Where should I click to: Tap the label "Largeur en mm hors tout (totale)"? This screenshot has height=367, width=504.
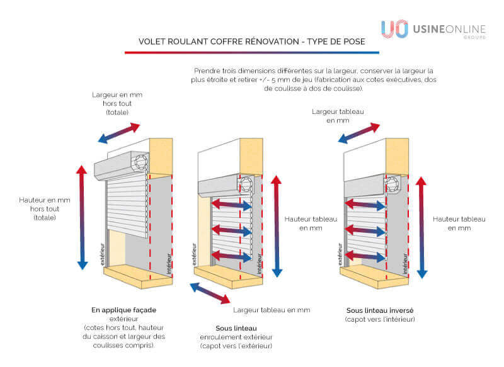[x=117, y=103]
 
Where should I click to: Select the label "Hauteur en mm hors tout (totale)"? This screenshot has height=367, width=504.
[x=45, y=208]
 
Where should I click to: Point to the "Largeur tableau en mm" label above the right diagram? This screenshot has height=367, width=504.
[x=338, y=116]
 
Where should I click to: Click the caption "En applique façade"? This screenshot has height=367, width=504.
[x=123, y=310]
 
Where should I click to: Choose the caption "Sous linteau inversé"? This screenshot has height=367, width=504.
[x=379, y=310]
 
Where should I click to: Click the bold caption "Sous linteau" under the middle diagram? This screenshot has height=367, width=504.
[x=236, y=328]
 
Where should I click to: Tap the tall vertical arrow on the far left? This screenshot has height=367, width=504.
[x=81, y=217]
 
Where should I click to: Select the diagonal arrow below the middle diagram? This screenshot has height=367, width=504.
[x=210, y=293]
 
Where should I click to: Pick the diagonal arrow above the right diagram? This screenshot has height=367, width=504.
[x=359, y=133]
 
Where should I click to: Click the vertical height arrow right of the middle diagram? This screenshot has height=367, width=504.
[x=276, y=226]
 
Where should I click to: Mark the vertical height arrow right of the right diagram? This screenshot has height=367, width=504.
[x=421, y=227]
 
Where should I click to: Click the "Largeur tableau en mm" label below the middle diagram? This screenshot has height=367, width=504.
[x=271, y=310]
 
